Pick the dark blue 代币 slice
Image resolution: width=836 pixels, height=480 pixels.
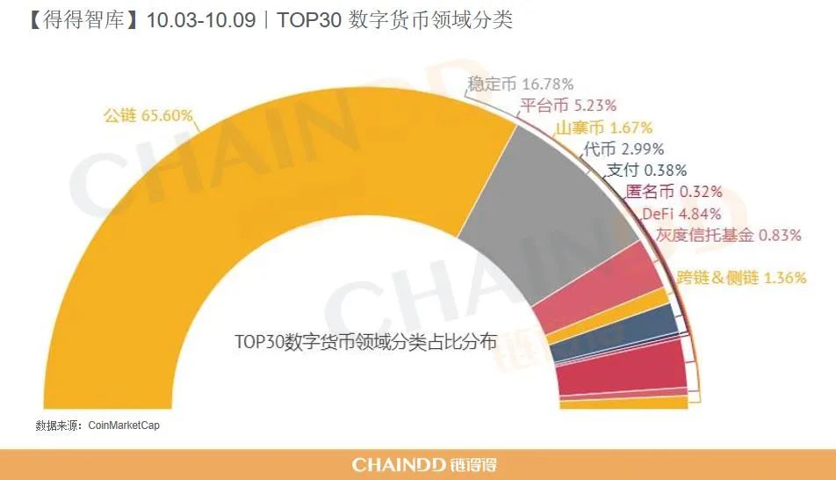click(x=615, y=344)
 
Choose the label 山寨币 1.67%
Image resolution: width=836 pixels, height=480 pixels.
click(x=603, y=127)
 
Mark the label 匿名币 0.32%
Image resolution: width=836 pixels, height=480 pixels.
click(x=673, y=192)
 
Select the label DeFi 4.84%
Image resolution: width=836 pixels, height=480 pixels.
click(x=681, y=213)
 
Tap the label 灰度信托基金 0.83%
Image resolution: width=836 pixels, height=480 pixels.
click(x=729, y=235)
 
